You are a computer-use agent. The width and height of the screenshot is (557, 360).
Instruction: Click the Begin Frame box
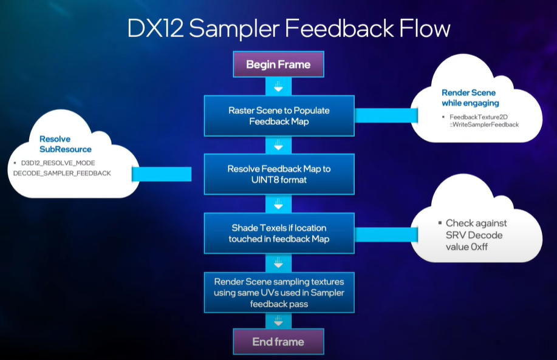[x=278, y=64]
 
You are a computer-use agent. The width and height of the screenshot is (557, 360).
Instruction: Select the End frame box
[x=278, y=342]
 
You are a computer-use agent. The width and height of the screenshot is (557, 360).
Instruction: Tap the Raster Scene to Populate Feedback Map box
[x=279, y=116]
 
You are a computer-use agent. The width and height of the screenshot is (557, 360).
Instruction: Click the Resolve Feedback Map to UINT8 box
[x=279, y=174]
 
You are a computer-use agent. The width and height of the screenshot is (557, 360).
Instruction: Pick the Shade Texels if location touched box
[x=279, y=233]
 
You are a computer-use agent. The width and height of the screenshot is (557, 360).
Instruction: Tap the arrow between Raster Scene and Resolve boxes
[x=278, y=146]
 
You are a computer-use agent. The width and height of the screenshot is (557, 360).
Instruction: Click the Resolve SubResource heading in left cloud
[x=66, y=144]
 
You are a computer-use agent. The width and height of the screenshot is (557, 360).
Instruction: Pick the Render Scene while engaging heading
[x=468, y=98]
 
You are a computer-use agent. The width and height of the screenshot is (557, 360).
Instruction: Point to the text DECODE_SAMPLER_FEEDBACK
[x=62, y=174]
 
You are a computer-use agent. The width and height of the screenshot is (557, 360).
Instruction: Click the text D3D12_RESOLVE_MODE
[x=57, y=163]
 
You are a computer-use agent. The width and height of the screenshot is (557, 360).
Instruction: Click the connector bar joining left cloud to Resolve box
[x=162, y=175]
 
